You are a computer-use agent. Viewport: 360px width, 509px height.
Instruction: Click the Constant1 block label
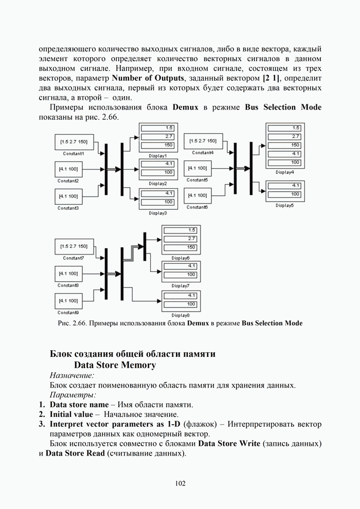(x=73, y=153)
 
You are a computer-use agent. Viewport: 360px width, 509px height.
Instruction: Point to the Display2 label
(x=158, y=183)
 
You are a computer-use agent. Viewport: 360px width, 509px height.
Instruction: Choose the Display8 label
(x=181, y=315)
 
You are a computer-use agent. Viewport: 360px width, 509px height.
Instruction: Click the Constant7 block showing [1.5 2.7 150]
(x=73, y=246)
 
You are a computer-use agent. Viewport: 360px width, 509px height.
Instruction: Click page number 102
(x=180, y=483)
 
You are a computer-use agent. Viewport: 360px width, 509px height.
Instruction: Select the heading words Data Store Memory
(x=115, y=365)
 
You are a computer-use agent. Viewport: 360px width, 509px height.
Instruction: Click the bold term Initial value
(x=71, y=414)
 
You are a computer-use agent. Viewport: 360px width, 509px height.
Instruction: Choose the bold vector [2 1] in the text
(x=273, y=78)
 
